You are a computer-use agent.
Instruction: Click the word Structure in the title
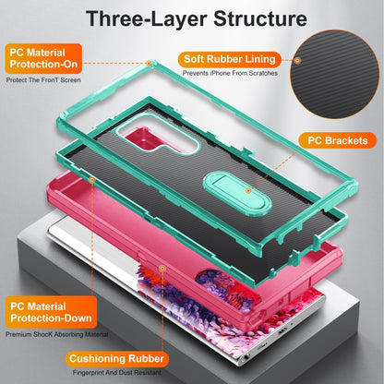tap(260, 18)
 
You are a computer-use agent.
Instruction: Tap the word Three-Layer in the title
tap(146, 19)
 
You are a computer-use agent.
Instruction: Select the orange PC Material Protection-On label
tap(43, 58)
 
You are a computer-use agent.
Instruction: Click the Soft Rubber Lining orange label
tap(230, 59)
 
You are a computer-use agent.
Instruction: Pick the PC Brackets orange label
tap(338, 140)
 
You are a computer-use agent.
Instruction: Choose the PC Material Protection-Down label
tap(51, 312)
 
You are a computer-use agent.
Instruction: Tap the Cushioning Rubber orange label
tap(116, 359)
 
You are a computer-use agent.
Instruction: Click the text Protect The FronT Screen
tap(43, 80)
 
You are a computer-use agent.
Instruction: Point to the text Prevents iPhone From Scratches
tap(230, 73)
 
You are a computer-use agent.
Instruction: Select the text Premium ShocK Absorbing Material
tap(56, 334)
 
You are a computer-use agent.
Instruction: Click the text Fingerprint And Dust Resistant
tap(117, 373)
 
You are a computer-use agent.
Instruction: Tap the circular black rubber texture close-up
tap(336, 74)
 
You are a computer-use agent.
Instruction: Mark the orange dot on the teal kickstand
tap(248, 190)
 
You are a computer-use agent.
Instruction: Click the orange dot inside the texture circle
tap(297, 60)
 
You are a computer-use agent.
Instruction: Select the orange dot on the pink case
tap(162, 269)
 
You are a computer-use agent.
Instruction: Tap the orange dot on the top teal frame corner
tap(149, 64)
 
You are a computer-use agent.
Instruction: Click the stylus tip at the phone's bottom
tap(246, 359)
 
